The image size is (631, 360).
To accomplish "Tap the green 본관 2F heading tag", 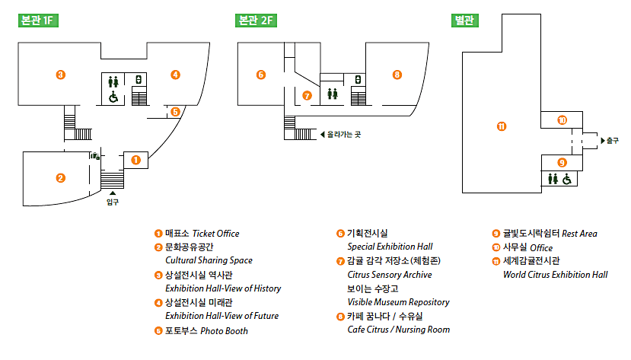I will [x=256, y=21].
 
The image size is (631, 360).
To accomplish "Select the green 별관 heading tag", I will [x=466, y=21].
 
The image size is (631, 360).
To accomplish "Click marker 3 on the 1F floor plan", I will [x=60, y=75].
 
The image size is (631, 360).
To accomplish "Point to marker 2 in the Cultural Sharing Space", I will [x=60, y=178].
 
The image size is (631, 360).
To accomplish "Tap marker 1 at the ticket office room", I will [x=135, y=160].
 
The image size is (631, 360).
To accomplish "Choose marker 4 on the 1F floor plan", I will [x=175, y=75].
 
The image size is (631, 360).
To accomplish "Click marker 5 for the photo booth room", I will [x=175, y=112].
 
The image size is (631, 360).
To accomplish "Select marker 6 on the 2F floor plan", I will [x=261, y=75].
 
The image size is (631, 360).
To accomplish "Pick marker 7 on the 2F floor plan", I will [x=307, y=96].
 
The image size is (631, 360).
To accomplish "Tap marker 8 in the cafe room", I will [x=397, y=75].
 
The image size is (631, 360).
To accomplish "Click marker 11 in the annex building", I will [x=501, y=126].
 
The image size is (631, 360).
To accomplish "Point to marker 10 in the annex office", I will [x=562, y=120].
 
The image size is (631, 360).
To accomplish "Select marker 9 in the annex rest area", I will [x=562, y=162].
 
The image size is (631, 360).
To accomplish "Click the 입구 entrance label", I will [x=113, y=202].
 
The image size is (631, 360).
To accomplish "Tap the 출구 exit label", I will [x=613, y=141].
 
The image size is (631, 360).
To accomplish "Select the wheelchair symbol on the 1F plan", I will [x=113, y=97].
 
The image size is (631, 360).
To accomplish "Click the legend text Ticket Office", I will [x=215, y=234].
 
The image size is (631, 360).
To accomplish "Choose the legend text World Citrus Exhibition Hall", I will [x=555, y=275].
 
